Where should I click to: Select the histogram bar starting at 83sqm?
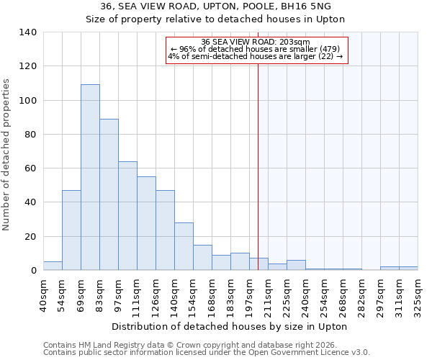[109, 194]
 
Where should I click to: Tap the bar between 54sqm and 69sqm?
[71, 230]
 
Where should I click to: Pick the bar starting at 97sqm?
[127, 216]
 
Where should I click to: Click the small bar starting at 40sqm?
[53, 266]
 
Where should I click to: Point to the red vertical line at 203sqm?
[258, 180]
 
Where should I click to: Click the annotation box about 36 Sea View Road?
[257, 50]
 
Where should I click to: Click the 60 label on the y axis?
[31, 168]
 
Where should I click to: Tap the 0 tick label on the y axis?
[34, 271]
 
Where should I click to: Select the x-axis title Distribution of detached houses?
[230, 326]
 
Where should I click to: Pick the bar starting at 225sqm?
[296, 265]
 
